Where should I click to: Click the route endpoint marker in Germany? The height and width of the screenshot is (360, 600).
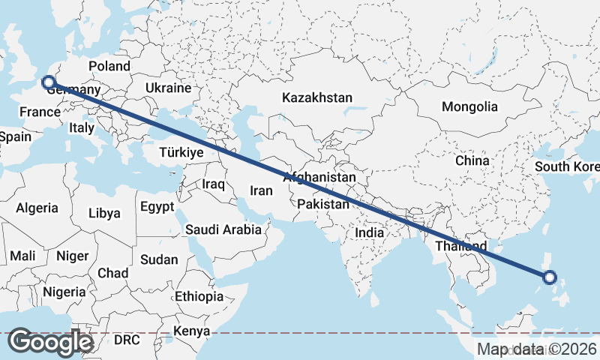coord(49,82)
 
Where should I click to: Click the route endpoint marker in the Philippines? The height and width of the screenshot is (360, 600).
coord(549,277)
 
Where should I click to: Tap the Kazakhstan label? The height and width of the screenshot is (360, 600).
coord(316,97)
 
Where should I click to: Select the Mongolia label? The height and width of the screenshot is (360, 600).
coord(469,106)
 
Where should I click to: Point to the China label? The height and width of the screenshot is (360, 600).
coord(472,160)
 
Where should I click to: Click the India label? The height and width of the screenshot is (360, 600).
coord(369,232)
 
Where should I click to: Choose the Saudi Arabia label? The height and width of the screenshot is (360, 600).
coord(223,229)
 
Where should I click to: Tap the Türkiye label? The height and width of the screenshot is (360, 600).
coord(181,152)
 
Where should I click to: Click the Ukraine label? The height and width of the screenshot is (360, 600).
coord(169,88)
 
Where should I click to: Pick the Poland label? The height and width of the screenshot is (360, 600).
coord(109,66)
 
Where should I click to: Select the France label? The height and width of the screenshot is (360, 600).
coord(40,112)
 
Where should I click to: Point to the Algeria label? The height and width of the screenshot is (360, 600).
coord(37,208)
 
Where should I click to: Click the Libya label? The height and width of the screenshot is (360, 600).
coord(104,213)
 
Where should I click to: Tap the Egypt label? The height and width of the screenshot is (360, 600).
coord(157,206)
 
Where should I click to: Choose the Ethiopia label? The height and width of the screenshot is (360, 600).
coord(199,296)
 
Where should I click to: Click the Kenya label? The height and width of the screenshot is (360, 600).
coord(192,331)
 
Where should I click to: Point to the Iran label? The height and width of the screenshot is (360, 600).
coord(261,190)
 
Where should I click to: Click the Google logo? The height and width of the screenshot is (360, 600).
coord(50,342)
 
